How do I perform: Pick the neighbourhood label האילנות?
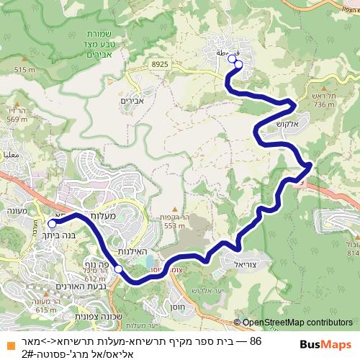(133, 252)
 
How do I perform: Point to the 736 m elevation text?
(325, 104)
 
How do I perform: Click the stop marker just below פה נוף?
(118, 270)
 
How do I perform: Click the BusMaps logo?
(328, 344)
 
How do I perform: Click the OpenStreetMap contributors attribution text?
(297, 323)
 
